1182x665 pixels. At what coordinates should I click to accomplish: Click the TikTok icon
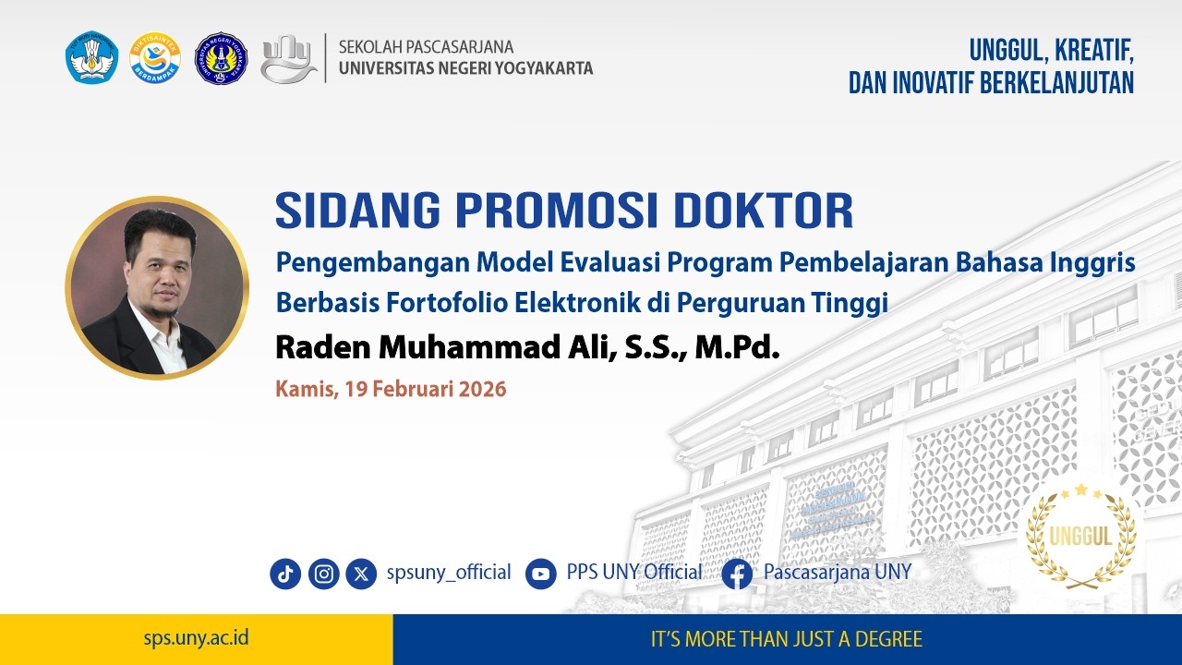tap(285, 574)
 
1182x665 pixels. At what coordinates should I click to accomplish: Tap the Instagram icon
tap(324, 574)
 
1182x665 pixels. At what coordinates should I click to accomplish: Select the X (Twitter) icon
tap(361, 574)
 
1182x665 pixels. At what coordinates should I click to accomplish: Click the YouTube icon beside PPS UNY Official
tap(541, 574)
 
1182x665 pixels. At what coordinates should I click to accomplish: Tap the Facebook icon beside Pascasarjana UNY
tap(737, 574)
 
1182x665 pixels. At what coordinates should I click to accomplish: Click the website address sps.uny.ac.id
tap(196, 638)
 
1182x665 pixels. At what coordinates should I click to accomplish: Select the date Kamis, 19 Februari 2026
tap(391, 389)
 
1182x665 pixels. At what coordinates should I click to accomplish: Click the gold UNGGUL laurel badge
tap(1080, 536)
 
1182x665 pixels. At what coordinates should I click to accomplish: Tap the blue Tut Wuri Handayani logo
tap(92, 58)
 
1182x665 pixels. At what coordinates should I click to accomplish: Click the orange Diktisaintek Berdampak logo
tap(155, 58)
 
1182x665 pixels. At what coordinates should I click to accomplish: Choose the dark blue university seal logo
tap(221, 58)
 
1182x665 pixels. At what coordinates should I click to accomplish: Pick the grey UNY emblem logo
tap(287, 58)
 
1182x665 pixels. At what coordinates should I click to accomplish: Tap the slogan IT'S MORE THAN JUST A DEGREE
tap(787, 639)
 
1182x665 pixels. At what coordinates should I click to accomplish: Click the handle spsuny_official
tap(449, 573)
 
